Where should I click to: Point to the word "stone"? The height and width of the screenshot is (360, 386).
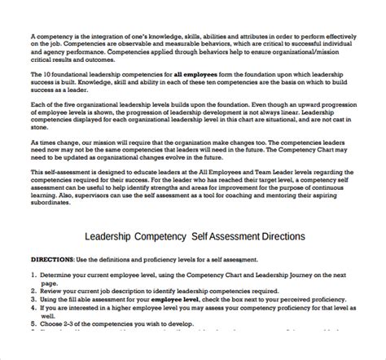37,151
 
